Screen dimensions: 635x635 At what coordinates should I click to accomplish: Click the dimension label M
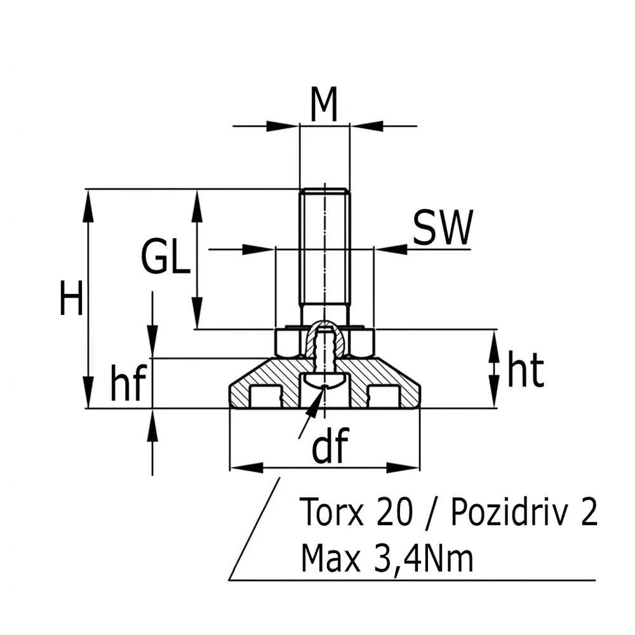click(x=324, y=105)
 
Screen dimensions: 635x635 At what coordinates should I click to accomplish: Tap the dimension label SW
click(x=442, y=227)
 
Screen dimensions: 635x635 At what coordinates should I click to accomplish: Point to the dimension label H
click(x=71, y=297)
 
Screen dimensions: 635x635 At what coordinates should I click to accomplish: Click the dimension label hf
click(x=128, y=382)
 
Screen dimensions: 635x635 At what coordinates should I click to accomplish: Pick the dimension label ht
click(x=525, y=368)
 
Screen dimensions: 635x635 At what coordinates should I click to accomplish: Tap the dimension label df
click(x=330, y=444)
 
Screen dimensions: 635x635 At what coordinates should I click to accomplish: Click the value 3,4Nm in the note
click(x=423, y=558)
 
